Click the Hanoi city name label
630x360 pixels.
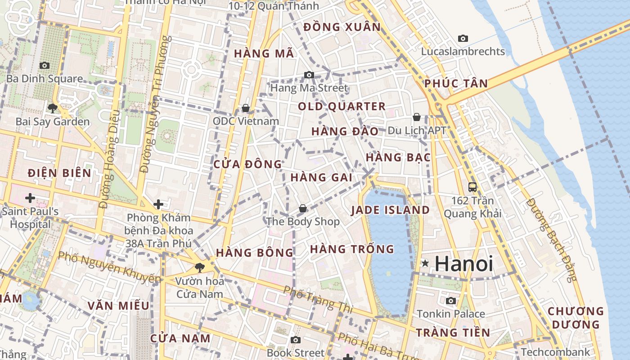[464, 264]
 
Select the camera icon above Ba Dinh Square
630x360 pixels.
[44, 66]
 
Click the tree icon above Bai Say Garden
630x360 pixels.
[52, 108]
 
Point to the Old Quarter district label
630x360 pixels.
[342, 107]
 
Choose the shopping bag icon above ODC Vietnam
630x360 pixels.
[246, 108]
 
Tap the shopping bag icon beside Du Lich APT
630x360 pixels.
[417, 117]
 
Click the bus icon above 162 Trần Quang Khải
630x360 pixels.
[472, 187]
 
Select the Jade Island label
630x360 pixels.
[390, 210]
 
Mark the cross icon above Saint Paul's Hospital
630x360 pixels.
[30, 198]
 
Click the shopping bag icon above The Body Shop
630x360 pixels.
[303, 208]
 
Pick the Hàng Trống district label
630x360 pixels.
[352, 249]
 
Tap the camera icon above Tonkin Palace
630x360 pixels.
[450, 301]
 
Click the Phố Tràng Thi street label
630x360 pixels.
[318, 298]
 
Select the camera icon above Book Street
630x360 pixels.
[295, 340]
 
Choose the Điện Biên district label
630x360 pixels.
[59, 173]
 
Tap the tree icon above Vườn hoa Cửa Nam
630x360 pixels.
[199, 268]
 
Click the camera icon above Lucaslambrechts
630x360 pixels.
[463, 39]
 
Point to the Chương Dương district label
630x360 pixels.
[576, 318]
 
